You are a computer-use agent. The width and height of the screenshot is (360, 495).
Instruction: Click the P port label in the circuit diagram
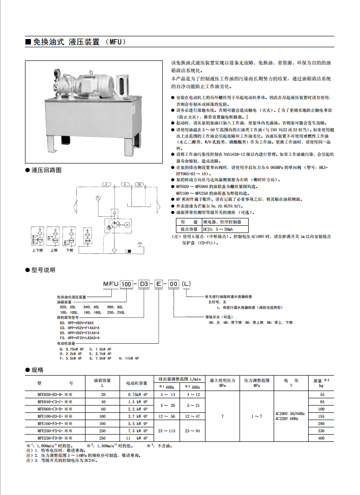click(x=105, y=184)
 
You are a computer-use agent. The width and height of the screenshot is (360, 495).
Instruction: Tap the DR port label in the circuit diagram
click(x=139, y=184)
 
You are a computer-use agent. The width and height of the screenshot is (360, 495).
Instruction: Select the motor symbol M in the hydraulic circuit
click(x=127, y=224)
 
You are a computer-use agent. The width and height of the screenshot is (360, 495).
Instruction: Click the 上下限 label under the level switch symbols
click(x=37, y=250)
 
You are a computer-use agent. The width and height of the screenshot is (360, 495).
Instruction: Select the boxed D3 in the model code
click(x=143, y=284)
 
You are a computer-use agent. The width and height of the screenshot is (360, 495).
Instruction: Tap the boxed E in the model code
click(x=159, y=284)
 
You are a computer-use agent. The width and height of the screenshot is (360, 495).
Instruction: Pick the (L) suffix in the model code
click(x=186, y=284)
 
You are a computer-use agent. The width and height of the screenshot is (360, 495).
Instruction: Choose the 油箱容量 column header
click(x=102, y=380)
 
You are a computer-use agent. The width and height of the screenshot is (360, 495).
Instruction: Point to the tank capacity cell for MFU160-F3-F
click(x=103, y=424)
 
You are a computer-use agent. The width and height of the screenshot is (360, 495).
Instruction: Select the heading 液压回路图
click(x=46, y=170)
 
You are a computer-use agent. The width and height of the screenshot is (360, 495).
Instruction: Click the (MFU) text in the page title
click(x=115, y=42)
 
